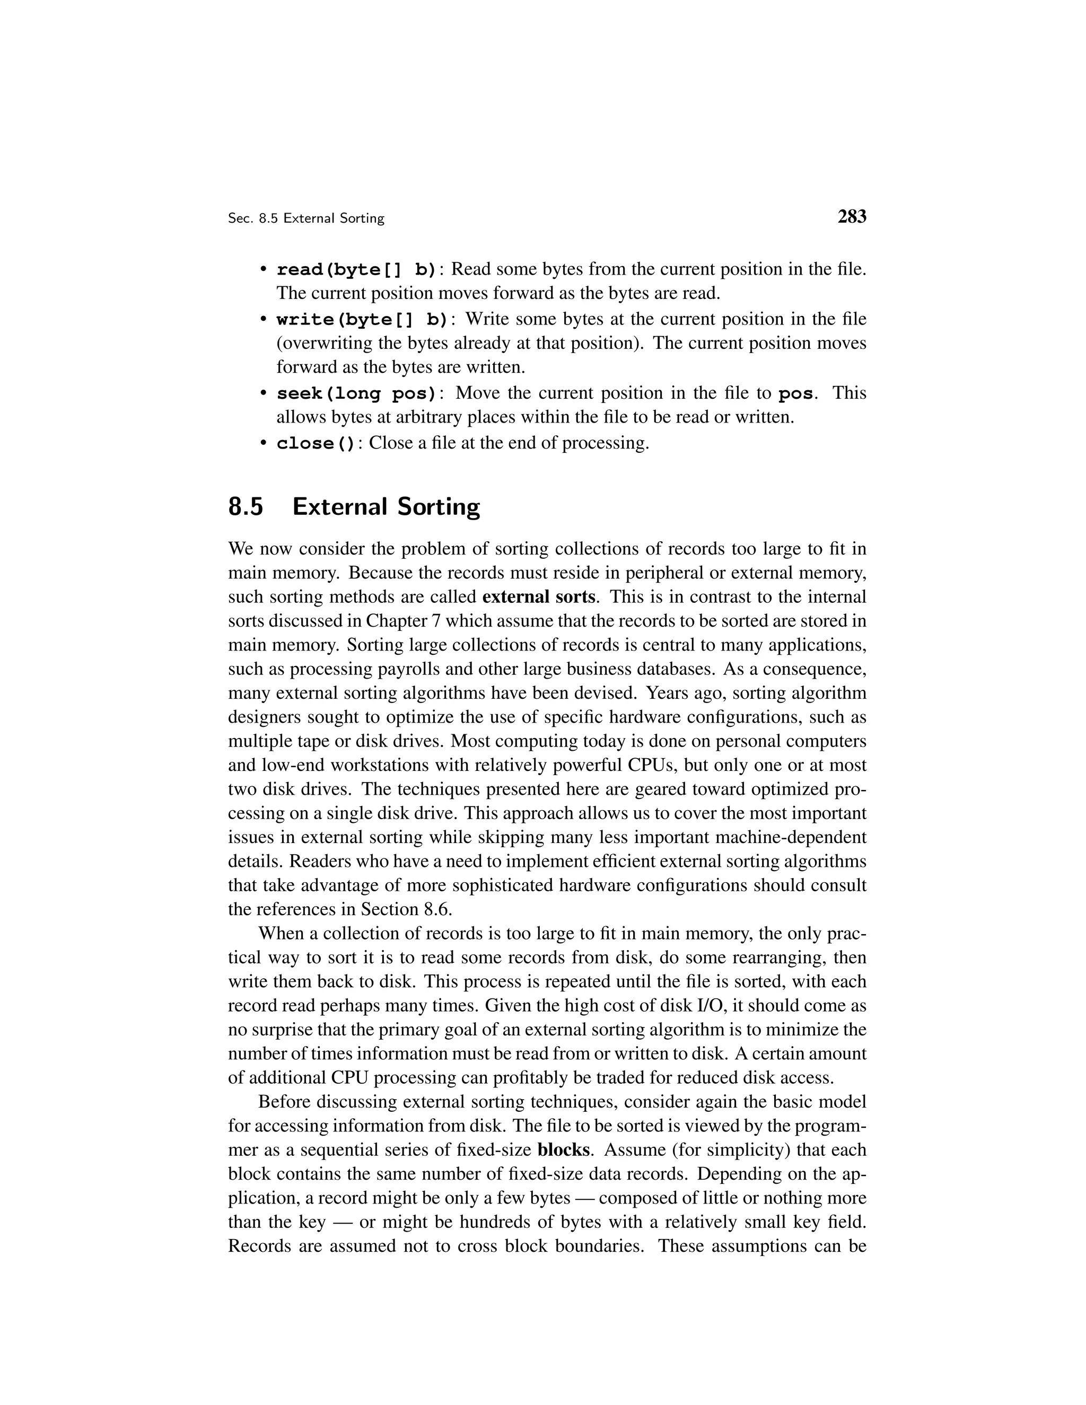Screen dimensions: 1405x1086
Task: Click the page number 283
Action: (852, 217)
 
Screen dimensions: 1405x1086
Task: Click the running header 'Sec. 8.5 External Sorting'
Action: (306, 219)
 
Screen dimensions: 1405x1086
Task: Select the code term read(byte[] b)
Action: (356, 269)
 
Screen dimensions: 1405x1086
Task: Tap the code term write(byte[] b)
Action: (362, 319)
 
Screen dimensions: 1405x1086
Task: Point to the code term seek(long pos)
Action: (356, 393)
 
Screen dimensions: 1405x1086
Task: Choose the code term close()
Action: (316, 443)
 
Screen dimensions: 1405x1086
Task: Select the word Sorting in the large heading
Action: (438, 507)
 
